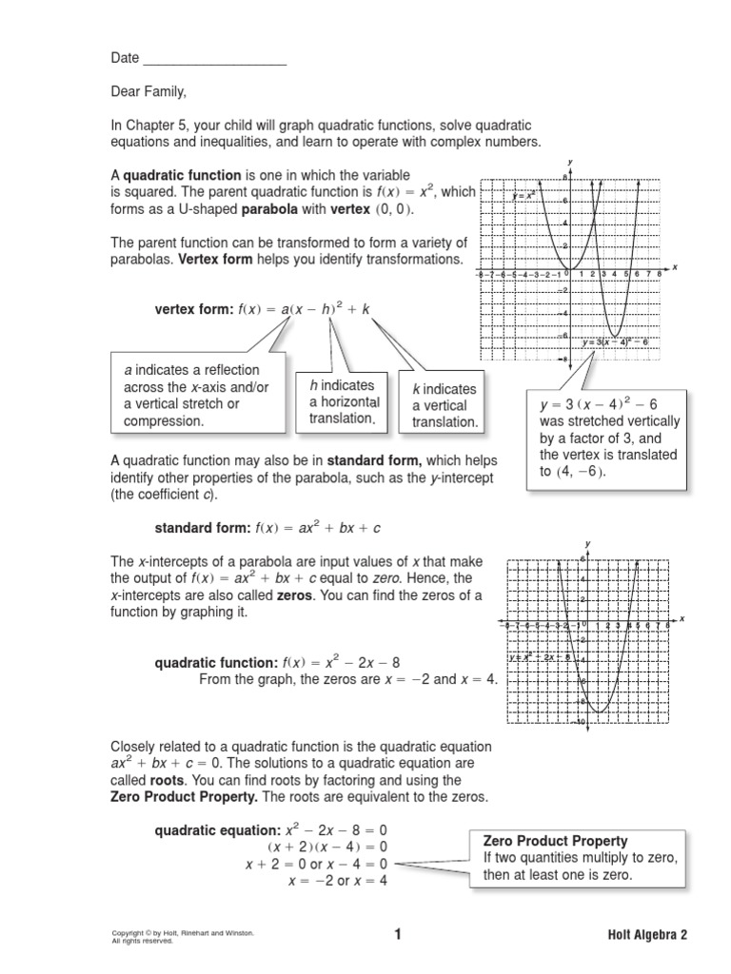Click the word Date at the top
tap(125, 58)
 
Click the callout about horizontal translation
tap(343, 402)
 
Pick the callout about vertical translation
tap(444, 405)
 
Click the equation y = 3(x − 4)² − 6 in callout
tap(592, 404)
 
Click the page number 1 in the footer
tap(398, 934)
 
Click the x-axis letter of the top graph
tap(674, 267)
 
